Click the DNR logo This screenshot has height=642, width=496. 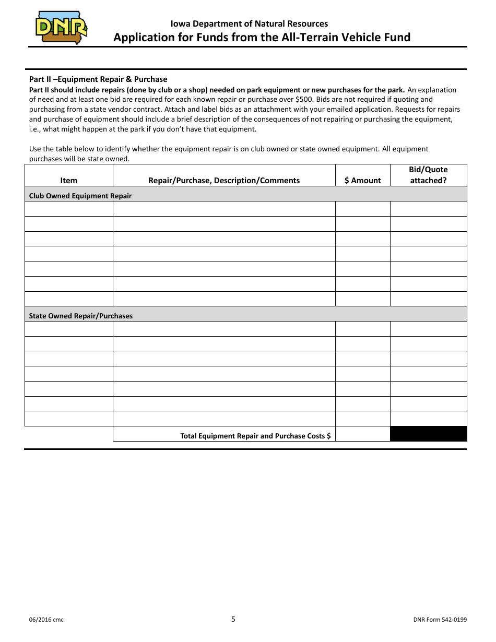61,28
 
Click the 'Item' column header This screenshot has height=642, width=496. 68,180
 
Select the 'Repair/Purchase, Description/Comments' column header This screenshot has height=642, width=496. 224,180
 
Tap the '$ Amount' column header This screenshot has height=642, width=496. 362,180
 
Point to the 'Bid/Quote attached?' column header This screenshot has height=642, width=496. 428,175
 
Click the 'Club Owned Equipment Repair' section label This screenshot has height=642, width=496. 80,196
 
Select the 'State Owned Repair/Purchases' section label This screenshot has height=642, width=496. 81,316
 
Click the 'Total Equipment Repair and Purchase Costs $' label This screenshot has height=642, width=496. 255,435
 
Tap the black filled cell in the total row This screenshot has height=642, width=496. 428,434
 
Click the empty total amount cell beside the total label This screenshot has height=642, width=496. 362,434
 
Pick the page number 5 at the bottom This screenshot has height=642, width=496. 233,619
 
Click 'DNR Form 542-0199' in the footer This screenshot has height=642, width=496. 440,620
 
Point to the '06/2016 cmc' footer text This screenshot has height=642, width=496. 46,620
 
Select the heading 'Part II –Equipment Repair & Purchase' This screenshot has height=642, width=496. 98,79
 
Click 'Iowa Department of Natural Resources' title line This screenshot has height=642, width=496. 249,23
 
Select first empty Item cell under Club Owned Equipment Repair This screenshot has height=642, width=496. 68,209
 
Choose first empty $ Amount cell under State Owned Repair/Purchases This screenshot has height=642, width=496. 362,329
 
